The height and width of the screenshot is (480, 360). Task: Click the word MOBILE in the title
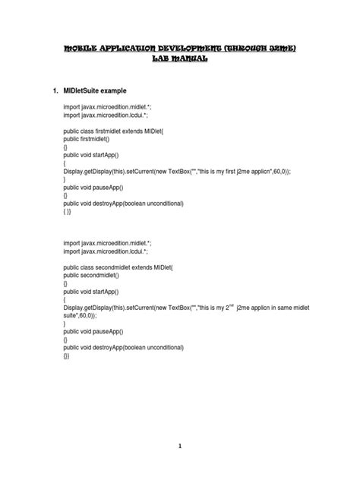pyautogui.click(x=63, y=48)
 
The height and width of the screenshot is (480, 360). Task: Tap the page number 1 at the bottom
pyautogui.click(x=181, y=447)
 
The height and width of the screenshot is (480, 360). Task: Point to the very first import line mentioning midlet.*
pyautogui.click(x=108, y=109)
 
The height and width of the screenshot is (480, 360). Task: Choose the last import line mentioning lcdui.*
pyautogui.click(x=106, y=251)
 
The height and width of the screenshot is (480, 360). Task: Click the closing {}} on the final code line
pyautogui.click(x=67, y=355)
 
